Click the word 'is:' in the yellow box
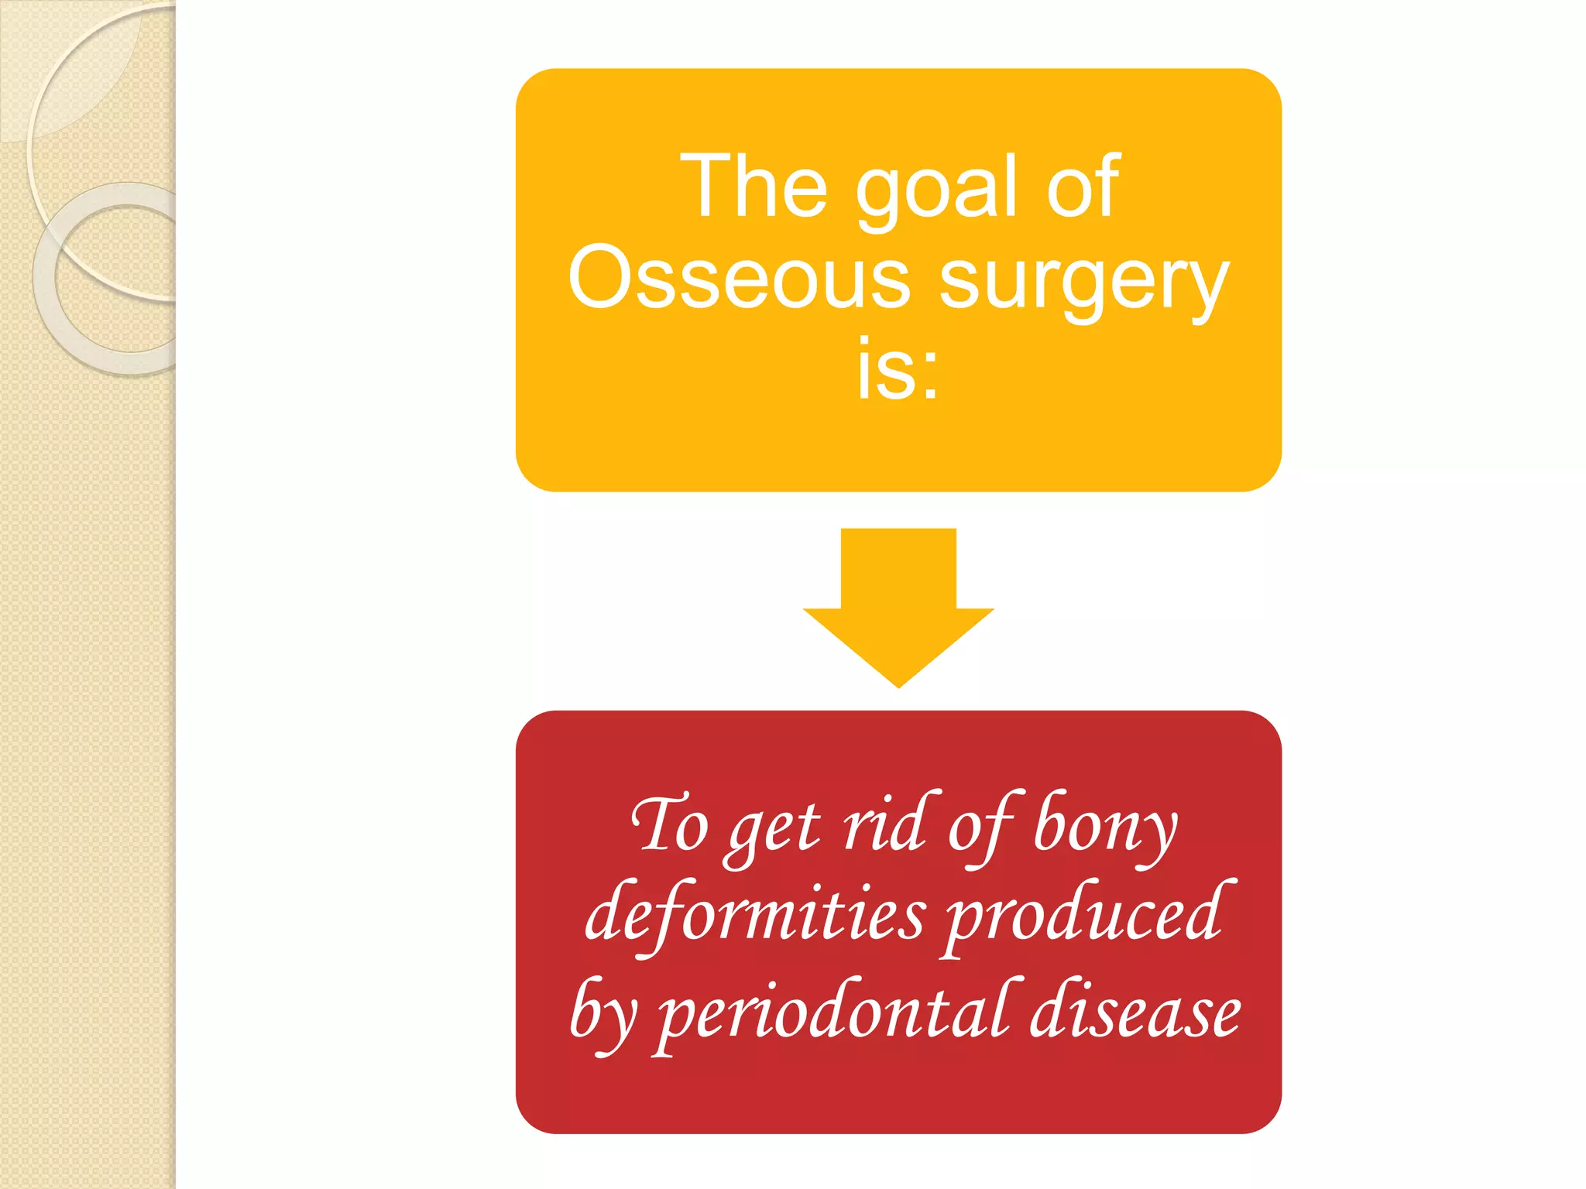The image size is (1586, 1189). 898,370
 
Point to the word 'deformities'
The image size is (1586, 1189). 754,917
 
